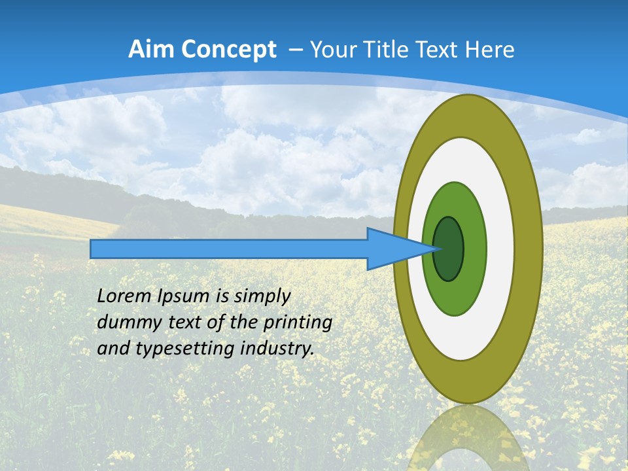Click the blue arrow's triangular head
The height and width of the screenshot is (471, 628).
click(x=392, y=249)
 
